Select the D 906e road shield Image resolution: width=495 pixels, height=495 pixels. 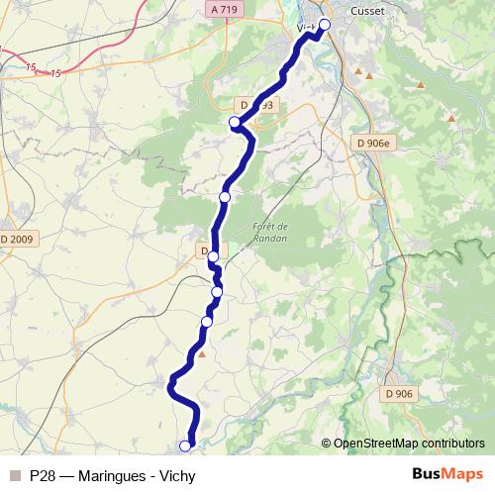(x=372, y=143)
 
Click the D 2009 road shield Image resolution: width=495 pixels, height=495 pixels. (x=17, y=239)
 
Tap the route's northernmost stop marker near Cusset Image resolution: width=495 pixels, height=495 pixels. (x=324, y=24)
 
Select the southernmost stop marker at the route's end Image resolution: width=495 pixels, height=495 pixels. (x=184, y=445)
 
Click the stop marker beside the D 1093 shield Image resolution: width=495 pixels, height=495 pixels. (x=235, y=123)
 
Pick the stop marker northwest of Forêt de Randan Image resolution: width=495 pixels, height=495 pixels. (x=224, y=198)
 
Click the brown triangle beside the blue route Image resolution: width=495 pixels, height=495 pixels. (x=202, y=353)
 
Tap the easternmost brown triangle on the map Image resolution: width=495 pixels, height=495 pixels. (x=452, y=118)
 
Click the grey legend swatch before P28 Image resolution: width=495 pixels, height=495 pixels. (x=14, y=475)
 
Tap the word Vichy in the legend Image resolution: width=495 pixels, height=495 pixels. (x=176, y=475)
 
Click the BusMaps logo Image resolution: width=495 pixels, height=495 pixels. (x=447, y=474)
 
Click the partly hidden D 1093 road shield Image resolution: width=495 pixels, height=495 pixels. (x=254, y=104)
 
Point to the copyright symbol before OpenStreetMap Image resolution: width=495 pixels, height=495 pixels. (x=326, y=443)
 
